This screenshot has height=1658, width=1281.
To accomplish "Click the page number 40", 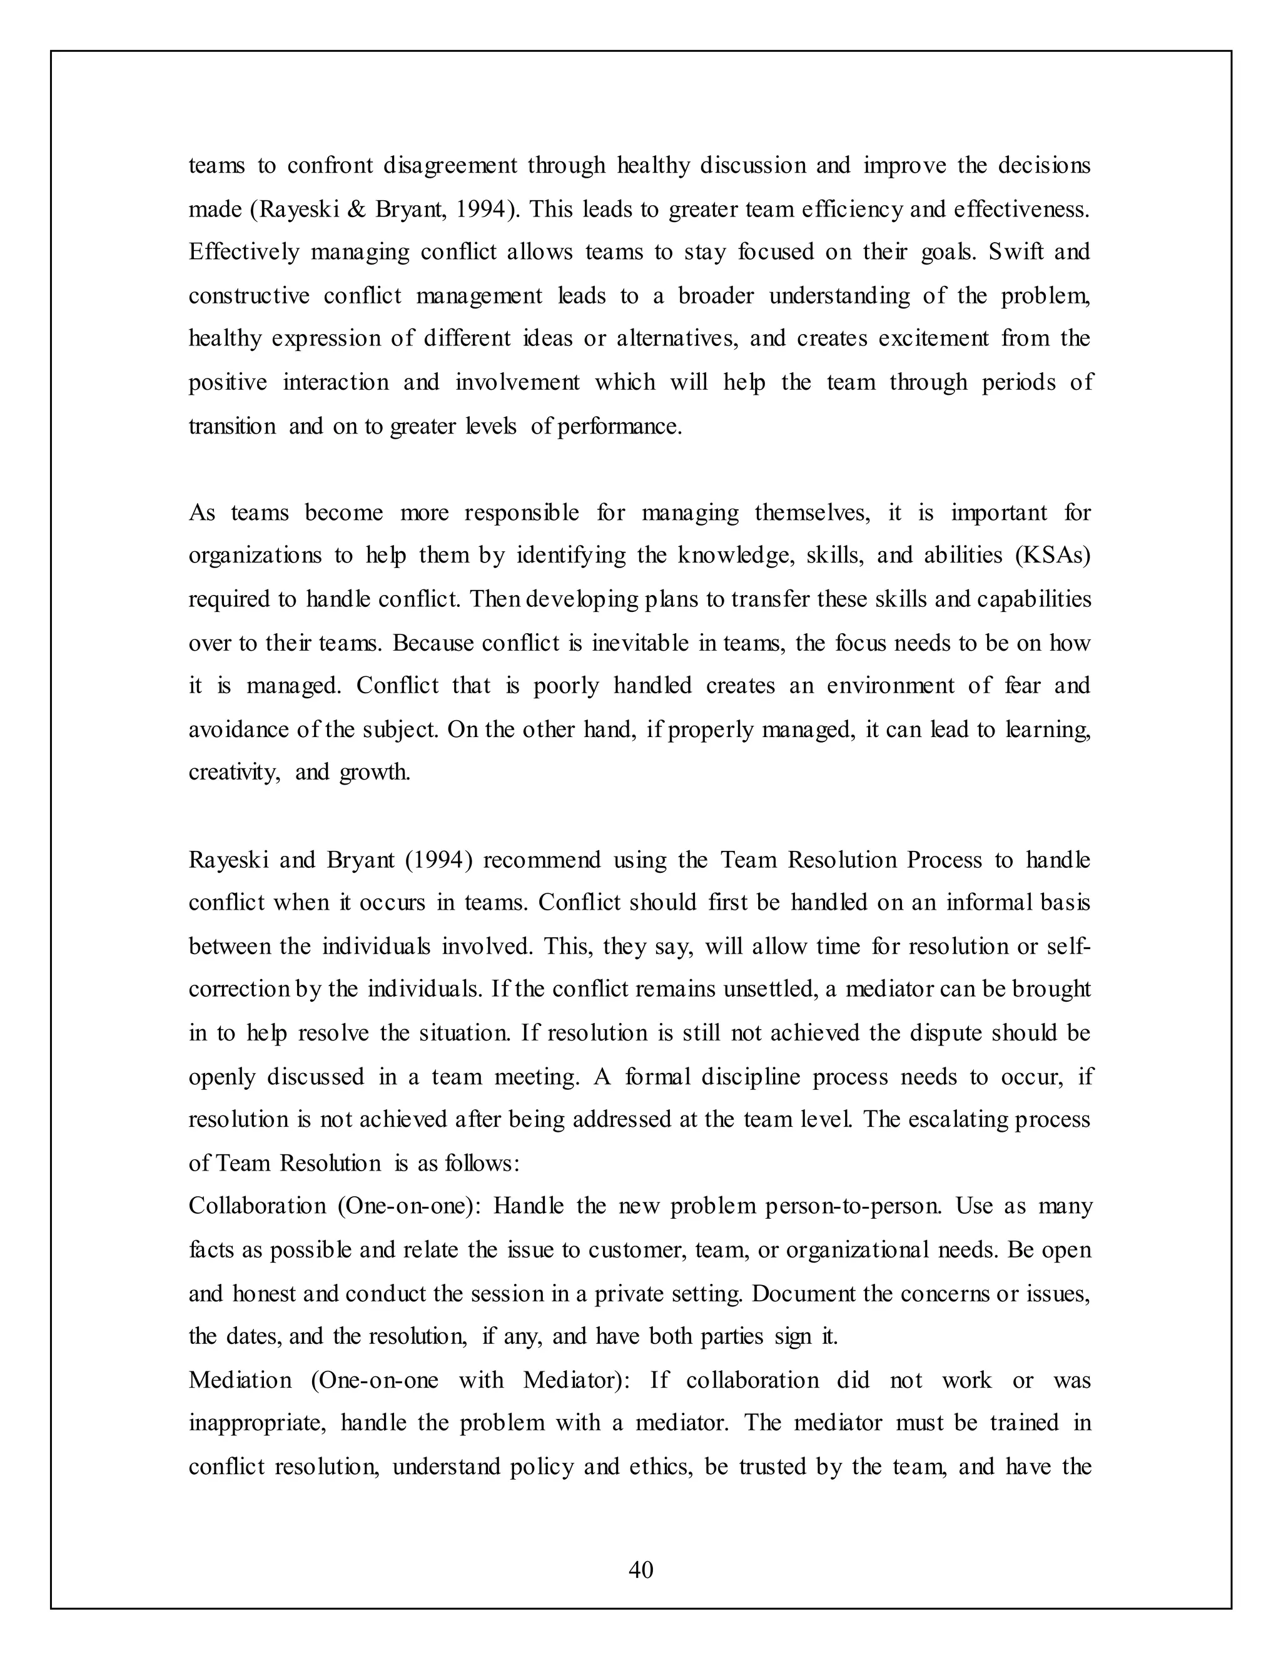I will (640, 1569).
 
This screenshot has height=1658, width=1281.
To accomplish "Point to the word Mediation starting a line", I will (240, 1380).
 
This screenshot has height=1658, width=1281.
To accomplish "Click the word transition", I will (232, 426).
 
